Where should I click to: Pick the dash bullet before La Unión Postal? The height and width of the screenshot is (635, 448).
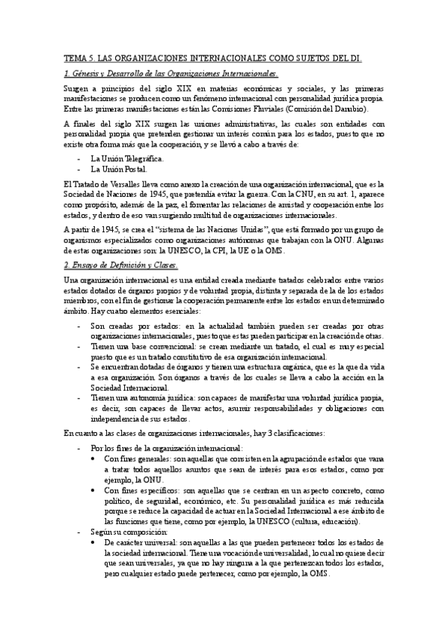pyautogui.click(x=79, y=170)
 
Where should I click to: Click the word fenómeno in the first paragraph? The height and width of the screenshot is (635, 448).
pyautogui.click(x=221, y=98)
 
